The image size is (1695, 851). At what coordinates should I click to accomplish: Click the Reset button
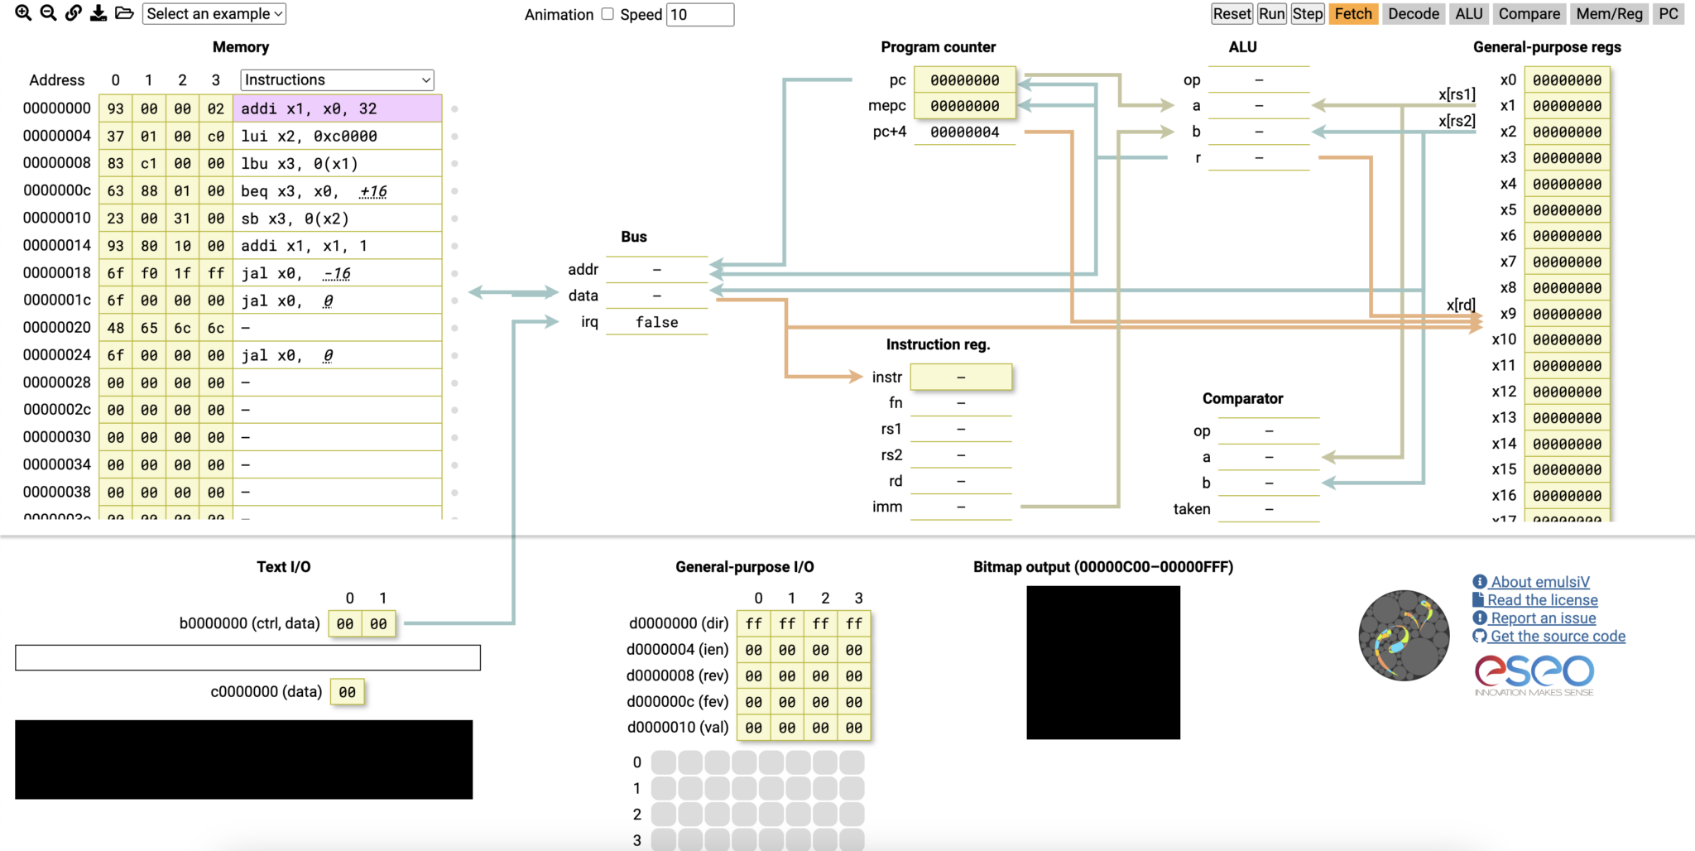[x=1232, y=14]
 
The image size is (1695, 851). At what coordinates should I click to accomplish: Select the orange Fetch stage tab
[x=1352, y=14]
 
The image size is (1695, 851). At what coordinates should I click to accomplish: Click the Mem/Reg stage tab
[x=1608, y=14]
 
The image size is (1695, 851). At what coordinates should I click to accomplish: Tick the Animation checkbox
[x=607, y=14]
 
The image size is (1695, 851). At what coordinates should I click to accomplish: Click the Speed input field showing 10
[x=699, y=15]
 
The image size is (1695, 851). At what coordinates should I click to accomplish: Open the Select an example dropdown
[x=214, y=14]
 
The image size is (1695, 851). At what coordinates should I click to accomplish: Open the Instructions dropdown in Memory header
[x=337, y=80]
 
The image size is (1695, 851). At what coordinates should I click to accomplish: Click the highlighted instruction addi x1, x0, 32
[x=337, y=108]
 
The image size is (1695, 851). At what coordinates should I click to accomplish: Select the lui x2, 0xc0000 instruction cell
[x=337, y=136]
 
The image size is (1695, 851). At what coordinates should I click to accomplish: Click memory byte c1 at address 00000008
[x=149, y=164]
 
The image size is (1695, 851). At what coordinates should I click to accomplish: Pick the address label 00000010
[x=57, y=218]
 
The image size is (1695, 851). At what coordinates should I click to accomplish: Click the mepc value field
[x=964, y=106]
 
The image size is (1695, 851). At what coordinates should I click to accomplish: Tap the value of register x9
[x=1567, y=314]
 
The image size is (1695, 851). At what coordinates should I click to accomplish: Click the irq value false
[x=656, y=322]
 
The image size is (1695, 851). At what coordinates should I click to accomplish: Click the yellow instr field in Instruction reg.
[x=960, y=377]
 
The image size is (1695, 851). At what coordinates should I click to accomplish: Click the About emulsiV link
[x=1539, y=582]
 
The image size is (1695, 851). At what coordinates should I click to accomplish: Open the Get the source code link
[x=1557, y=636]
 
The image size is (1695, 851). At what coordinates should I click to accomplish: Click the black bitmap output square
[x=1102, y=662]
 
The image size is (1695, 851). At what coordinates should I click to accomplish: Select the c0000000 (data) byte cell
[x=348, y=692]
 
